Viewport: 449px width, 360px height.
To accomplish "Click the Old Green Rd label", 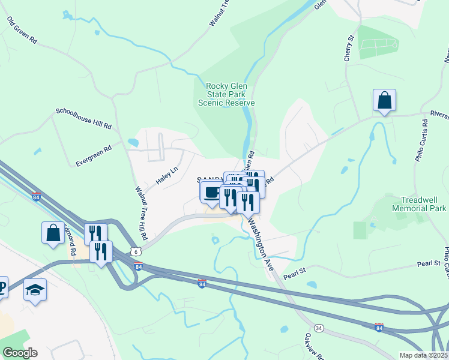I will pyautogui.click(x=22, y=31).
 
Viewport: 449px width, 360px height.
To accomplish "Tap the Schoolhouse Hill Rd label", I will pyautogui.click(x=84, y=119).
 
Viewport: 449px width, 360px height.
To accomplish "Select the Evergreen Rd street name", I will pyautogui.click(x=94, y=155).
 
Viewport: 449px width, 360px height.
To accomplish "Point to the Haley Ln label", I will pyautogui.click(x=167, y=175).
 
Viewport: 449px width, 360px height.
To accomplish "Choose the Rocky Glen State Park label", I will pyautogui.click(x=227, y=94).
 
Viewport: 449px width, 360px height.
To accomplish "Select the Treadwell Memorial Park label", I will pyautogui.click(x=419, y=204).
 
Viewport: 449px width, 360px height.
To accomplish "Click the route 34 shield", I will pyautogui.click(x=319, y=328).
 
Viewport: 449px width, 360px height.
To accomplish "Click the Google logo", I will pyautogui.click(x=20, y=353).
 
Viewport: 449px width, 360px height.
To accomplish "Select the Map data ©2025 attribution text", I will pyautogui.click(x=423, y=355).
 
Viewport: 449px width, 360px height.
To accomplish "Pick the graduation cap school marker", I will pyautogui.click(x=35, y=290).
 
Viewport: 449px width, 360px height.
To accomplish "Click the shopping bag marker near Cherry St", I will pyautogui.click(x=384, y=100).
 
